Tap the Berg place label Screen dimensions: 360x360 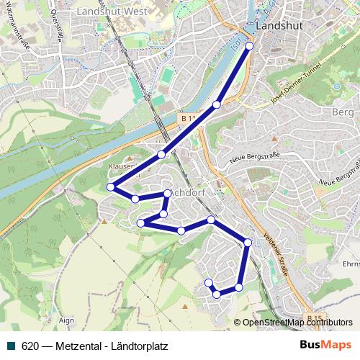[340, 112]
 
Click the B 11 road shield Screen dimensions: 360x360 [189, 118]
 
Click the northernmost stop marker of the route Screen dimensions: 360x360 [250, 46]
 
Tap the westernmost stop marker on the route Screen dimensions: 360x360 [111, 187]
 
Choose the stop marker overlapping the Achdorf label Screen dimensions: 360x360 [167, 193]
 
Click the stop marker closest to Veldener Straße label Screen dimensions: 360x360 [248, 243]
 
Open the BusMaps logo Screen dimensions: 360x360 [326, 346]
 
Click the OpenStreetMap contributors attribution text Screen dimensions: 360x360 [297, 323]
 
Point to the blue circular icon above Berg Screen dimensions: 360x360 [336, 87]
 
